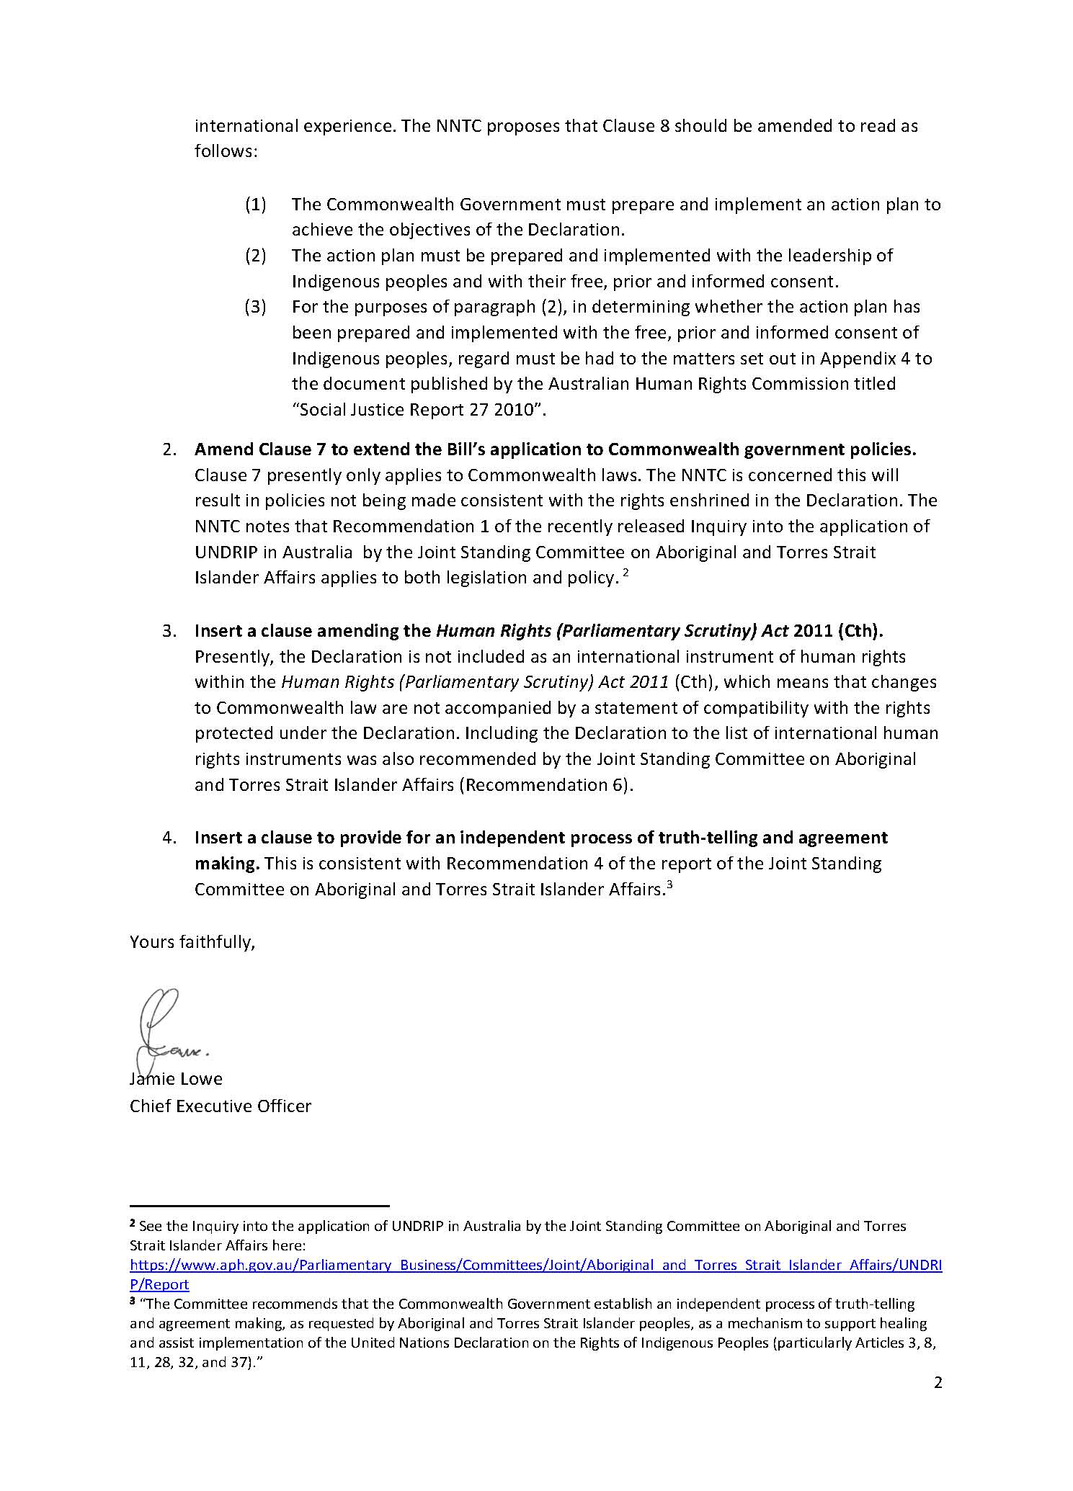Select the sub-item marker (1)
pos(256,205)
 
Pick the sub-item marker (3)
pos(256,307)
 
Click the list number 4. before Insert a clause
pos(169,838)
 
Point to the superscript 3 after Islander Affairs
pos(669,885)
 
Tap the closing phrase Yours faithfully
pos(192,942)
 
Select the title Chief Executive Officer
pos(221,1106)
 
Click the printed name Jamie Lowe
pos(177,1079)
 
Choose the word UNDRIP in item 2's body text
pos(226,552)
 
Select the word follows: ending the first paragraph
pos(226,152)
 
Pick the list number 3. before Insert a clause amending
pos(169,631)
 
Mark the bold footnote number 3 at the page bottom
pos(133,1302)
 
